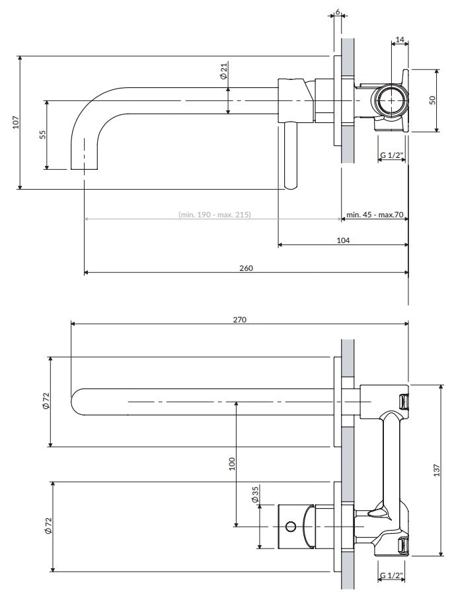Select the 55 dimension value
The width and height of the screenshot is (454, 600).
[x=42, y=134]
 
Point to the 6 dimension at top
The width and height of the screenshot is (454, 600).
[x=337, y=13]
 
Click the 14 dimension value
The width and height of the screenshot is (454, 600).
[x=399, y=40]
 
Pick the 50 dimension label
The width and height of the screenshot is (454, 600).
[x=432, y=100]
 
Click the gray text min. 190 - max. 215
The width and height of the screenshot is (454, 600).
[x=214, y=215]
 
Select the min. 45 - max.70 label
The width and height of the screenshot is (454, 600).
[x=375, y=215]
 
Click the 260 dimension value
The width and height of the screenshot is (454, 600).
[x=246, y=268]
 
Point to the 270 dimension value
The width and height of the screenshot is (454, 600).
[x=239, y=319]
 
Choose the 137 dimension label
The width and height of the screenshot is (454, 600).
[x=436, y=469]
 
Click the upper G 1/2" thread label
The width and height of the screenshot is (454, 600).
[x=391, y=156]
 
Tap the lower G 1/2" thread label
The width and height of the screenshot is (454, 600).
[x=391, y=575]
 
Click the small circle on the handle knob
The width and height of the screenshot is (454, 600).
[x=289, y=527]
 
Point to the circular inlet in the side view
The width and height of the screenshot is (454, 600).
[x=391, y=100]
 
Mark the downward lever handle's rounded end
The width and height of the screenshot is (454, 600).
[x=290, y=185]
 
